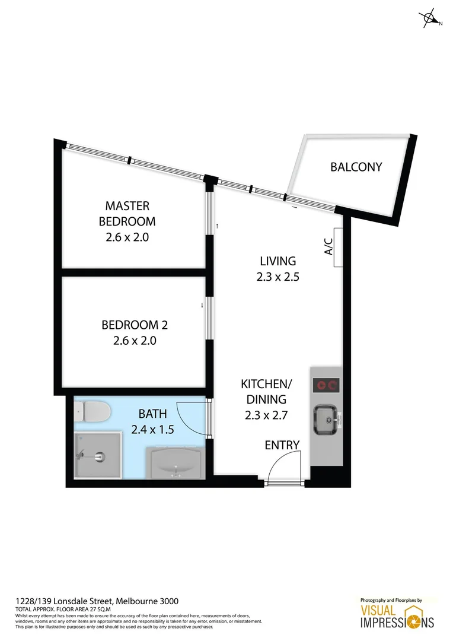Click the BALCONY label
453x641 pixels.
point(356,167)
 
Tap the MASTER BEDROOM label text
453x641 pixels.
point(127,214)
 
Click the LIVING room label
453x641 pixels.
point(277,261)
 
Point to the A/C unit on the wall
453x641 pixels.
point(338,247)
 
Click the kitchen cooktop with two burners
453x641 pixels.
point(325,386)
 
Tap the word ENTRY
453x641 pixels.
point(282,445)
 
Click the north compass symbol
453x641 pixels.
point(430,19)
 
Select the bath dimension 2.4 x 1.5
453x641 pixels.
point(152,429)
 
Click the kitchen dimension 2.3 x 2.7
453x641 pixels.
point(266,415)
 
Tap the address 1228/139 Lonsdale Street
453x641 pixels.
point(97,601)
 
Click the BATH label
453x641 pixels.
point(152,413)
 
